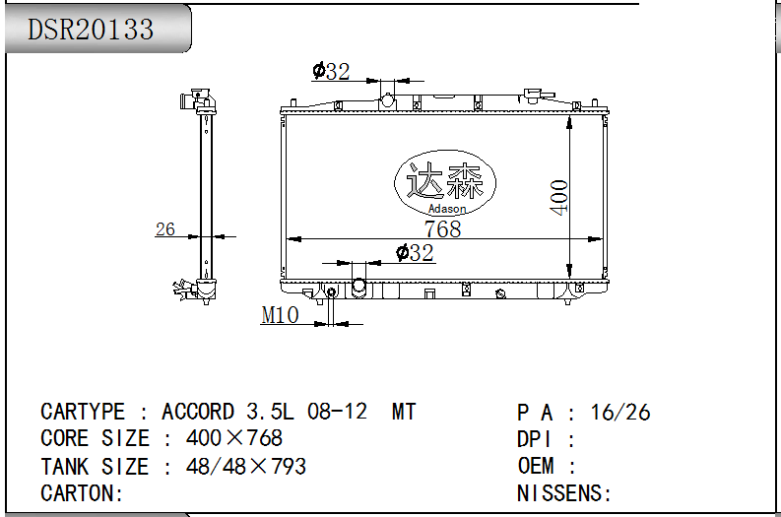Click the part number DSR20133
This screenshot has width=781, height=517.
tap(91, 30)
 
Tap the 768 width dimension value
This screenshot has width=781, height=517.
tap(443, 228)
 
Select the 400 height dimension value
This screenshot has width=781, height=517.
tap(558, 197)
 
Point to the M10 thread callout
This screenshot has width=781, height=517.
tap(280, 315)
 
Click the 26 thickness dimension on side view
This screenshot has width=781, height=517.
tap(165, 229)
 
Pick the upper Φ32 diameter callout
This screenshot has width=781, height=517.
tap(331, 71)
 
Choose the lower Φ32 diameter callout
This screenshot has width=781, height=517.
tap(415, 252)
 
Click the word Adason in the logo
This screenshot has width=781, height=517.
tap(447, 209)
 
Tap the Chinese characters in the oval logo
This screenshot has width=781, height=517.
tap(444, 181)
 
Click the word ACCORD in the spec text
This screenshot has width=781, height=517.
tap(198, 412)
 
